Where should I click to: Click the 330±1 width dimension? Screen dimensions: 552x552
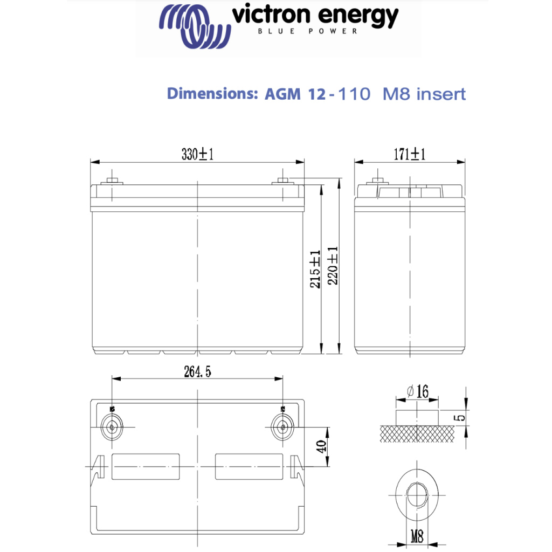(x=197, y=155)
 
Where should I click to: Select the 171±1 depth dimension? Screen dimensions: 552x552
(x=409, y=155)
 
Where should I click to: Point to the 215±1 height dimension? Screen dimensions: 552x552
(x=315, y=268)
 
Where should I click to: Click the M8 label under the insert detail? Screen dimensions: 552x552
(x=417, y=537)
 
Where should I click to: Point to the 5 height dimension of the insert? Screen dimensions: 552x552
(x=459, y=417)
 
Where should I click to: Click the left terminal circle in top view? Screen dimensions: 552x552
(x=112, y=427)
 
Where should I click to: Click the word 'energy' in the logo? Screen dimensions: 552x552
(x=360, y=17)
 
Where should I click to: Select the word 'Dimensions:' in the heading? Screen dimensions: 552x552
(x=213, y=93)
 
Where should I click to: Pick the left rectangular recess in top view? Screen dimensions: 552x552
(x=145, y=466)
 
